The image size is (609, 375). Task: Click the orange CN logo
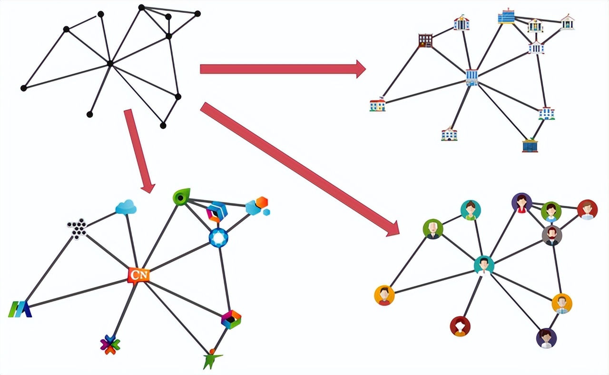(138, 275)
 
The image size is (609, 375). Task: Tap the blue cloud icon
(126, 207)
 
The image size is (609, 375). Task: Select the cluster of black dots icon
(78, 228)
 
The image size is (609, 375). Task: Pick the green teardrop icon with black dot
(181, 197)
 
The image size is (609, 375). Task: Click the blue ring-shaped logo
(218, 237)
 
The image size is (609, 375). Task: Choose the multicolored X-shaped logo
(110, 345)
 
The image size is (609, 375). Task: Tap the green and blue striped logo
(20, 309)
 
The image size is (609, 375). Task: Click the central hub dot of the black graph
(110, 63)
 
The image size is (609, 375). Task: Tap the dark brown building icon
(425, 40)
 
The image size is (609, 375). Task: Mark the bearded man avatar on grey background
(552, 235)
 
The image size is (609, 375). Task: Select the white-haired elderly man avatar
(433, 229)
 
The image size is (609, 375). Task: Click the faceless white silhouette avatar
(460, 326)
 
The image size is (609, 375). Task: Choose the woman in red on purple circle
(521, 203)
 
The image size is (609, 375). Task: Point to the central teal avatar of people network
(484, 265)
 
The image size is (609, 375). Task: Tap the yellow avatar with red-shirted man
(384, 295)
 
